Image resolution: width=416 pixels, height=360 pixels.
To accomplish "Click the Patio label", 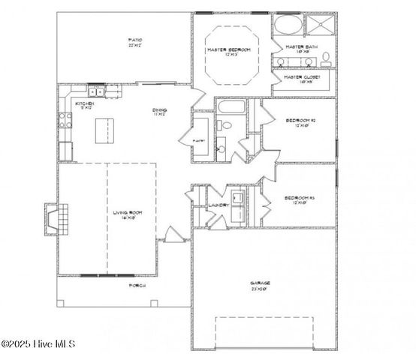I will tap(135, 41).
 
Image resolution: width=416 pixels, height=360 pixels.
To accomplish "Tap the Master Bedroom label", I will tap(229, 51).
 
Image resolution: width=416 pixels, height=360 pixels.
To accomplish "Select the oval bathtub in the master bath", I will tap(285, 25).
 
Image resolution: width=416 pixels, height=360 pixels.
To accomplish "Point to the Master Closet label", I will tap(301, 78).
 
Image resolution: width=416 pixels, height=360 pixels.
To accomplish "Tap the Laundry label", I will tap(218, 205).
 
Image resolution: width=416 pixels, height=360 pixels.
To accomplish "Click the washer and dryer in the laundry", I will tap(237, 198).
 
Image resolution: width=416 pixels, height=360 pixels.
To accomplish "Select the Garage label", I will tap(261, 284).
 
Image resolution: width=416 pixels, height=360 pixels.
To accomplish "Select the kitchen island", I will tap(106, 131).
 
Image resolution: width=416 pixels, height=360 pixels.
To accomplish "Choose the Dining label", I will tap(159, 112).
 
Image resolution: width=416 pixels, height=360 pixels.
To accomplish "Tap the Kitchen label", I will tap(84, 105).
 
